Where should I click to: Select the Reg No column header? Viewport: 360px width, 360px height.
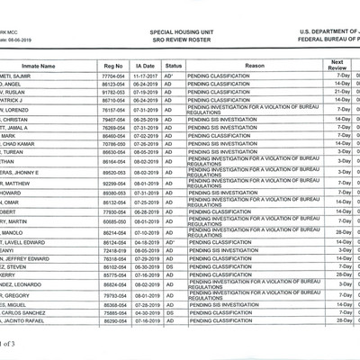point(112,67)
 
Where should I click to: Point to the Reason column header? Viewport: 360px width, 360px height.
point(253,67)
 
